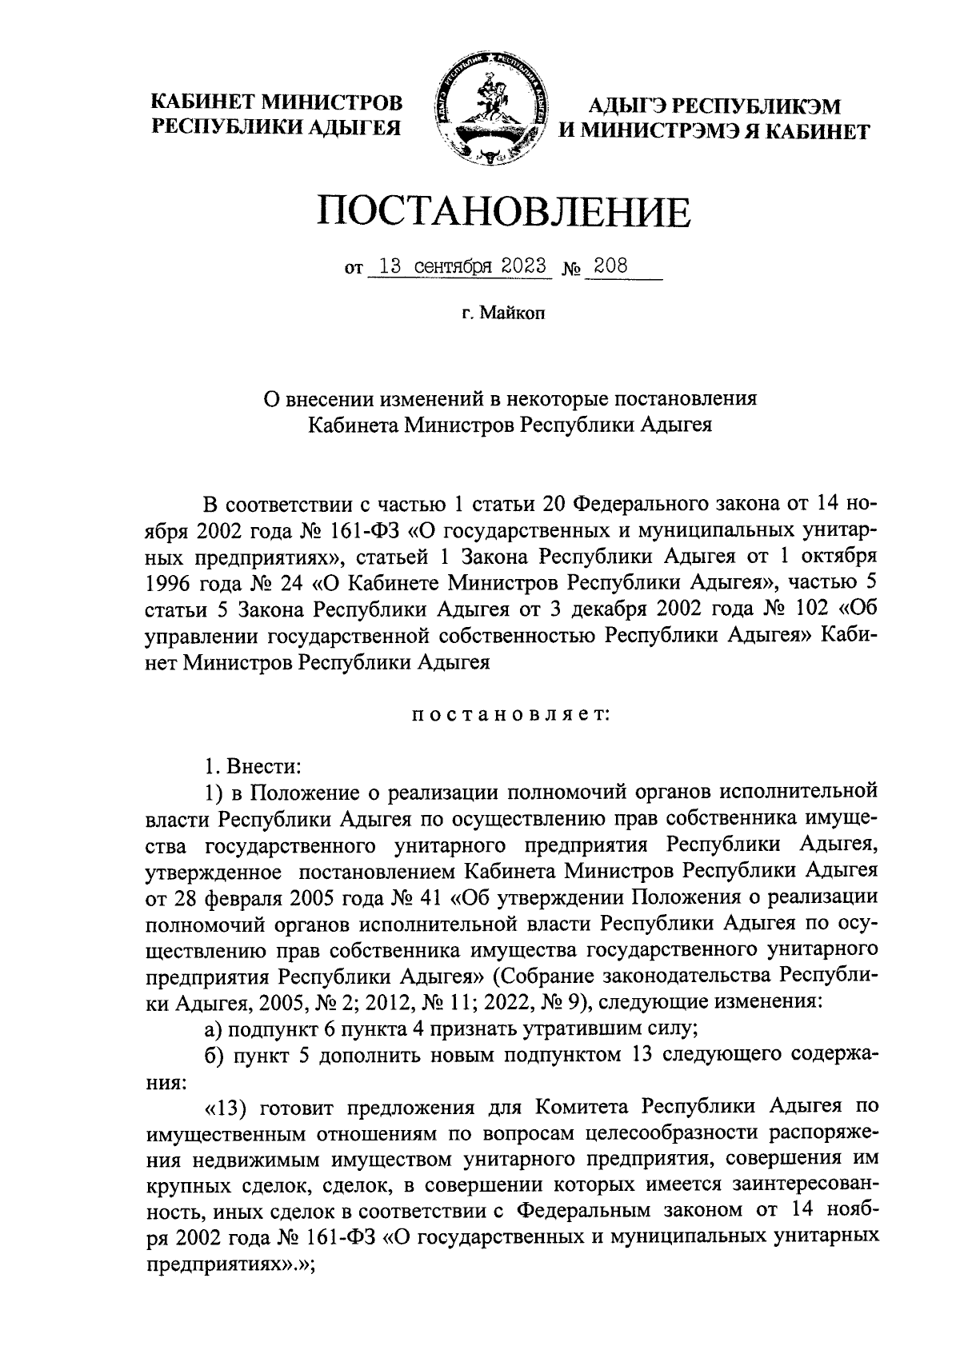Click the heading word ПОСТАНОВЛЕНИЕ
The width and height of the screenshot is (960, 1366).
pos(504,212)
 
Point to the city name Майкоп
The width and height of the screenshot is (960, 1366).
pos(513,314)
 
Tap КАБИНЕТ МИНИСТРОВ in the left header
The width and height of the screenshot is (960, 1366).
pos(278,102)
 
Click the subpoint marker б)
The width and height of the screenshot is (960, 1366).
pos(213,1056)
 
